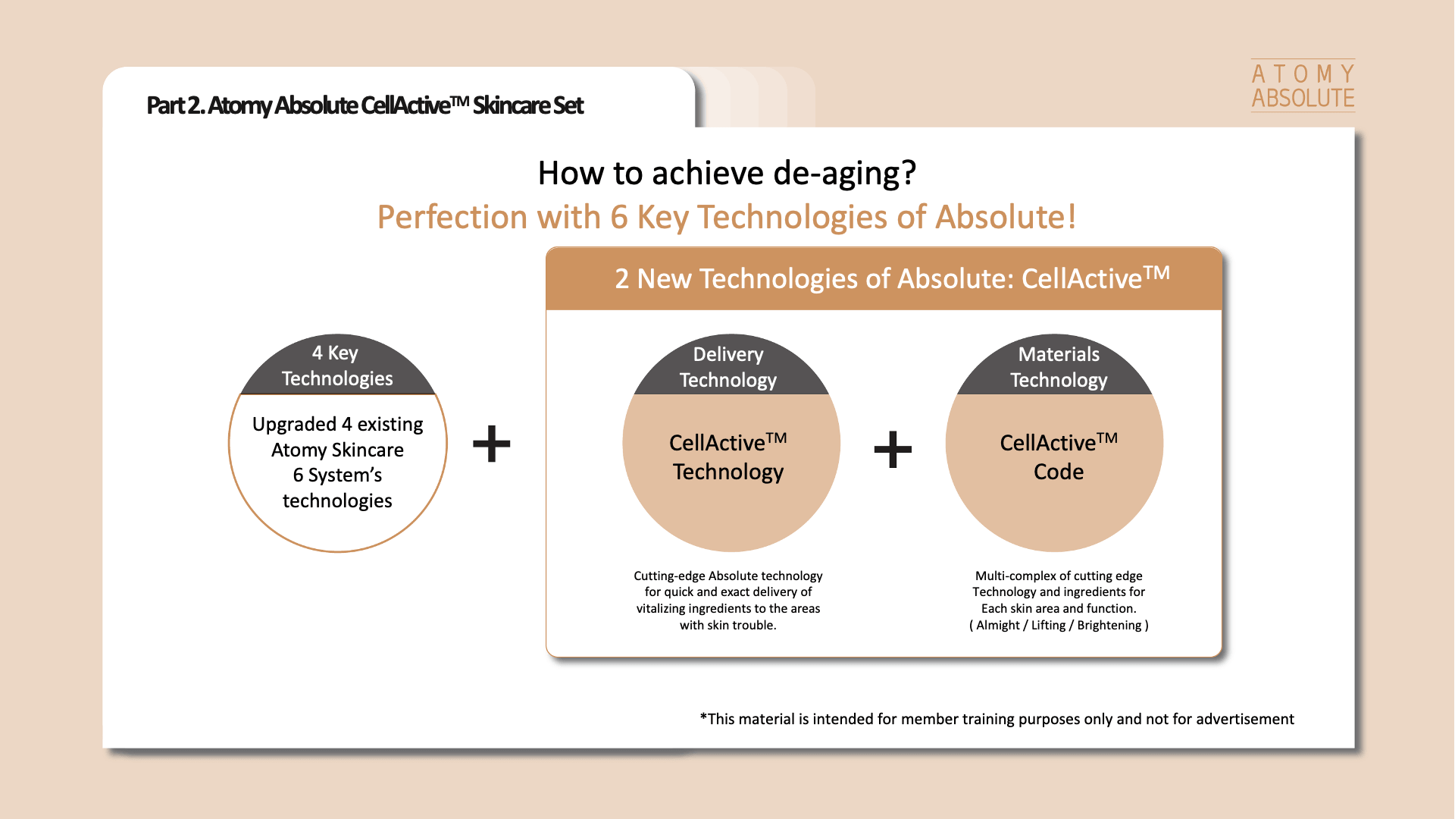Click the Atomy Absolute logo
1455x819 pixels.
(x=1303, y=86)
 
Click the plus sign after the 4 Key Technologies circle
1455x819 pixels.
(x=492, y=444)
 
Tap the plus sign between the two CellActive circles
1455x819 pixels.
(x=893, y=449)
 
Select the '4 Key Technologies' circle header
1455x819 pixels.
(x=338, y=365)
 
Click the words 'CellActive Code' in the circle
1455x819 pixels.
(x=1059, y=457)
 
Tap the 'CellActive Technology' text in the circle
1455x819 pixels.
(x=728, y=457)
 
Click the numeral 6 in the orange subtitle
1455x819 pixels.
(x=619, y=218)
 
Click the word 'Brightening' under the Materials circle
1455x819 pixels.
(x=1109, y=626)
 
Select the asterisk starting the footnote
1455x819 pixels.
(x=703, y=717)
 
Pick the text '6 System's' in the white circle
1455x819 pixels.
(x=337, y=475)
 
